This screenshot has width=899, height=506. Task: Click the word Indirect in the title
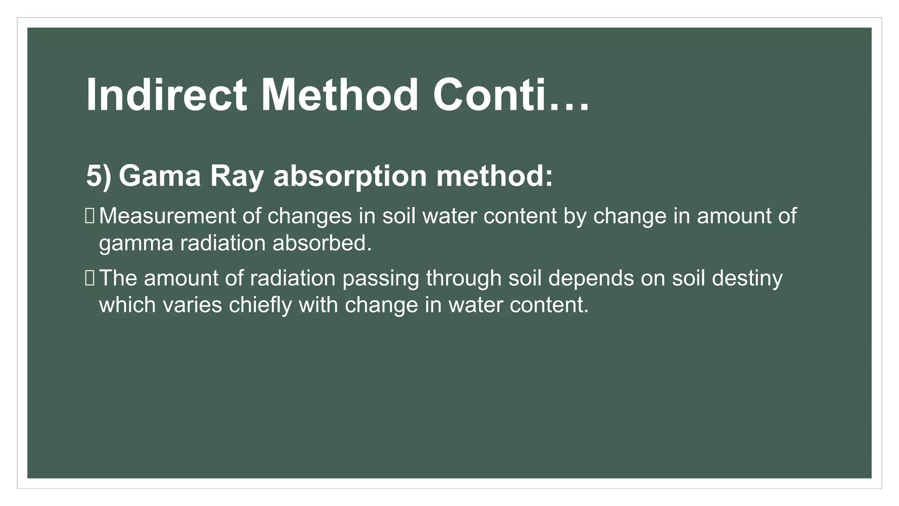pos(166,95)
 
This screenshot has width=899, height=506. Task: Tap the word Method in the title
pos(340,95)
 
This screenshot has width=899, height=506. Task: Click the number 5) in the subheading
pos(98,176)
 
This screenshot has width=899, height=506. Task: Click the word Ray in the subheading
pos(237,176)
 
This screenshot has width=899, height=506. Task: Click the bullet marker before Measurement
pos(90,216)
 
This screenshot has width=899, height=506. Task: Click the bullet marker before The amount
pos(90,278)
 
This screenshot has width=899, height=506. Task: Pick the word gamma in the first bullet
pos(136,243)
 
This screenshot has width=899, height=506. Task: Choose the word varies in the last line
pos(193,305)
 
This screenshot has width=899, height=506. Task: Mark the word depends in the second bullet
pos(591,278)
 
